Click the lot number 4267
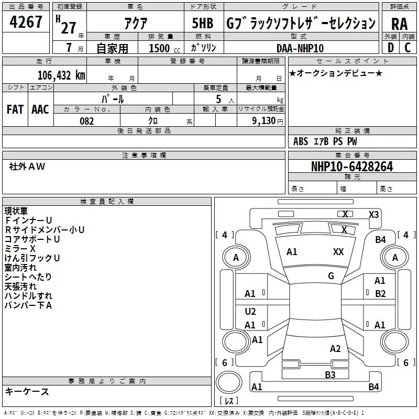(x=26, y=23)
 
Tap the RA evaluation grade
(x=399, y=24)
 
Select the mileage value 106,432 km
(x=61, y=75)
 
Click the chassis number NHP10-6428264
(x=351, y=167)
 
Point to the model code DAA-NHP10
(x=300, y=48)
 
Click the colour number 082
(x=87, y=121)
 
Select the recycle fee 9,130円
(x=268, y=121)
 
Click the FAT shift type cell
(x=15, y=109)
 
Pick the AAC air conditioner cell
(x=40, y=109)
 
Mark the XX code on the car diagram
(x=338, y=252)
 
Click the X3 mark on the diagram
(x=373, y=214)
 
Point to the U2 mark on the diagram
(x=250, y=312)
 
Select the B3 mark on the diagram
(x=330, y=374)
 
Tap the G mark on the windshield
(x=331, y=276)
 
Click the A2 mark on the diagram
(x=335, y=349)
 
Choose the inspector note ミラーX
(x=20, y=248)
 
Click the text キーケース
(x=27, y=392)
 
